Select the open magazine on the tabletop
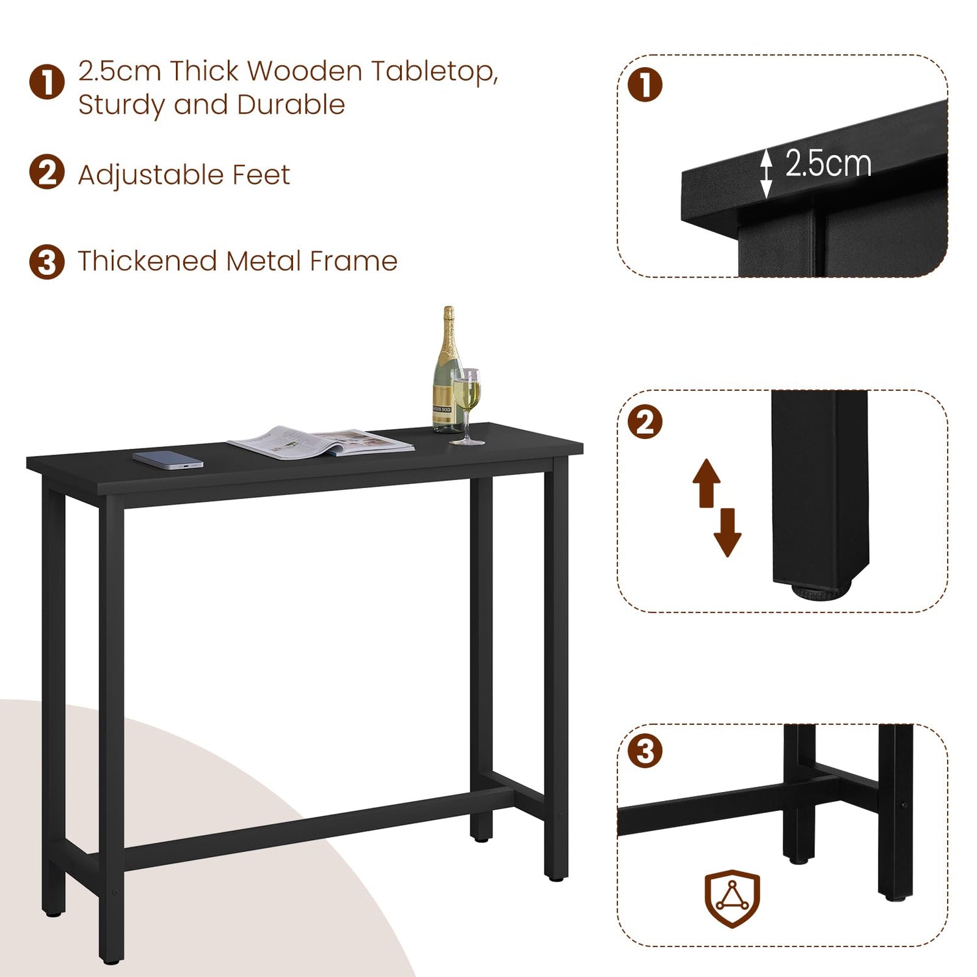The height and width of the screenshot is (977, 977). tap(320, 442)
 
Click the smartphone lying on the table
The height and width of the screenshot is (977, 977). tap(168, 459)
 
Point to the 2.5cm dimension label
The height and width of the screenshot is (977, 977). tap(828, 163)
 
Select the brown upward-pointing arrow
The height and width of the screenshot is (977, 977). tap(707, 483)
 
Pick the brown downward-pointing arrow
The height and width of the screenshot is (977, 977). tap(728, 533)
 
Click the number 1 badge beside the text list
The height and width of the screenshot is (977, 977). tap(47, 83)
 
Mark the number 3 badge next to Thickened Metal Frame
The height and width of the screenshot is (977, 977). tap(47, 262)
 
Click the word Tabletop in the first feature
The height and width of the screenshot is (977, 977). tap(434, 72)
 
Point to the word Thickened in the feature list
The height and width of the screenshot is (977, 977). tap(148, 261)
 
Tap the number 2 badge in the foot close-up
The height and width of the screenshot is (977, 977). tap(645, 422)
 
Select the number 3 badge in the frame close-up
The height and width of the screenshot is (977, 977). tap(645, 751)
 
